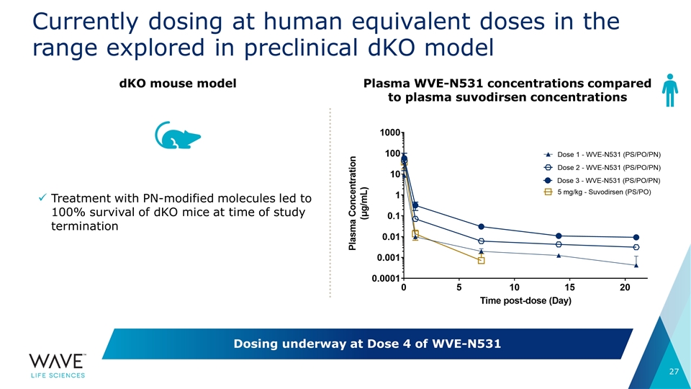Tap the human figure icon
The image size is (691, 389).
(669, 90)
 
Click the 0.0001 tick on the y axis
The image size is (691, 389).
(387, 278)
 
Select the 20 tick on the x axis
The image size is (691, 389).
(625, 288)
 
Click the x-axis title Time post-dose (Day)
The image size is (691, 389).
(525, 301)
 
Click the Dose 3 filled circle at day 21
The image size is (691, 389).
(636, 238)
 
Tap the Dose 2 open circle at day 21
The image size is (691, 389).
(636, 247)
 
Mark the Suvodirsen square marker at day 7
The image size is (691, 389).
(481, 260)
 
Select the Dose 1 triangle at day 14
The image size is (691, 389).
(559, 256)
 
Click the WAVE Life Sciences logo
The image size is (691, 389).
(58, 364)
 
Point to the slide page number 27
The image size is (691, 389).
(674, 372)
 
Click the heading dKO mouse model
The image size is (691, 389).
(178, 84)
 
